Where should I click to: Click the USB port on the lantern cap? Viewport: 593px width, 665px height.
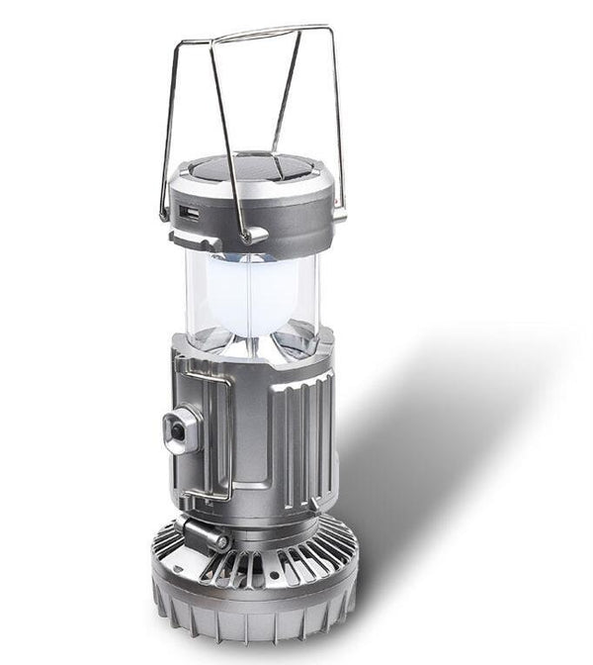click(190, 212)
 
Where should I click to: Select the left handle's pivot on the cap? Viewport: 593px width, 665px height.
click(165, 212)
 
